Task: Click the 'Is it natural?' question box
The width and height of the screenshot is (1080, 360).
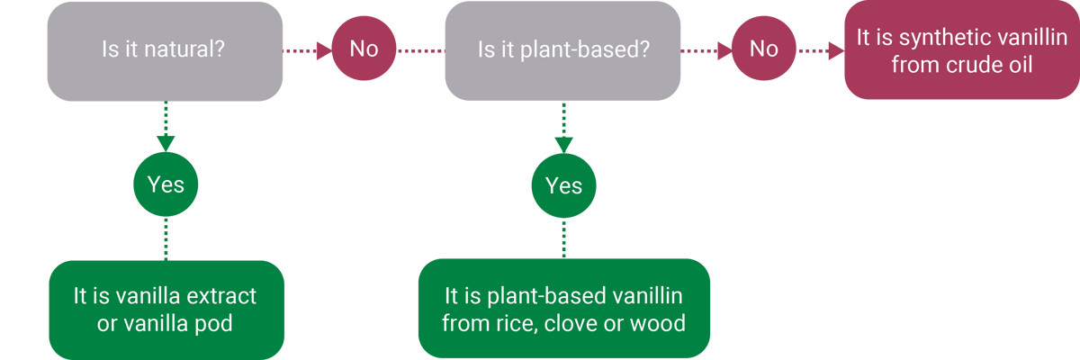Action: pyautogui.click(x=166, y=50)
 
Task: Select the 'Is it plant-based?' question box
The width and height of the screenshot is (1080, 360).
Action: pyautogui.click(x=562, y=50)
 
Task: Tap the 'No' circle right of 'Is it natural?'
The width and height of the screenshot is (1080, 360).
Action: pyautogui.click(x=364, y=49)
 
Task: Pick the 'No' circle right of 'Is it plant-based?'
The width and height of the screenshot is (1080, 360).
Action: pyautogui.click(x=763, y=49)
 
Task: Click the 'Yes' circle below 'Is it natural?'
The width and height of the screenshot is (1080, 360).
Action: pyautogui.click(x=166, y=184)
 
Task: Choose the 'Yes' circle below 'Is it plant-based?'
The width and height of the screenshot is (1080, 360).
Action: pyautogui.click(x=563, y=186)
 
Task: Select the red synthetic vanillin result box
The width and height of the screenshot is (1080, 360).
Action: pyautogui.click(x=960, y=50)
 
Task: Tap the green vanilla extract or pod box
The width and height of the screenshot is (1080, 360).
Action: pyautogui.click(x=166, y=310)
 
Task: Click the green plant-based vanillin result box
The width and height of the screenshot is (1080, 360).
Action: pyautogui.click(x=563, y=309)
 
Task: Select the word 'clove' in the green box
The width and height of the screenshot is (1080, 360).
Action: pyautogui.click(x=577, y=322)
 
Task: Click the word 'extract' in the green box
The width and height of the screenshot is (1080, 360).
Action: pyautogui.click(x=222, y=296)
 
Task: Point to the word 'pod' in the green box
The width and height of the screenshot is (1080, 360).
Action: pyautogui.click(x=214, y=323)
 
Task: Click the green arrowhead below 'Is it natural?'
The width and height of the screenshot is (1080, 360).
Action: pyautogui.click(x=166, y=143)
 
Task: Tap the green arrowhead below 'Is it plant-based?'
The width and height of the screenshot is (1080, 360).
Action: pyautogui.click(x=563, y=144)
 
